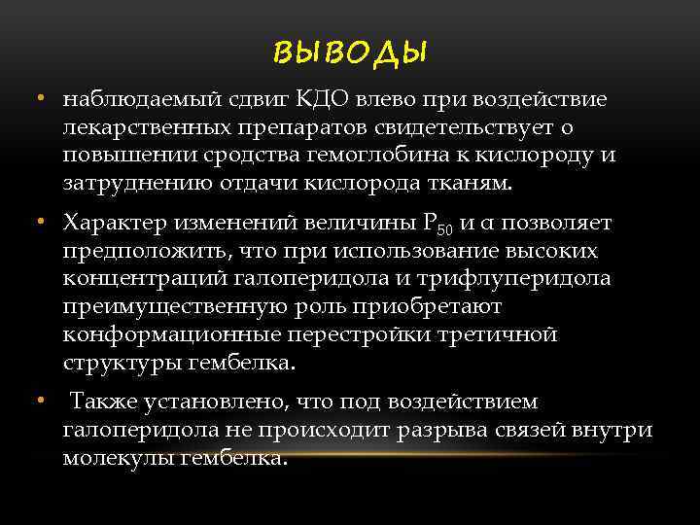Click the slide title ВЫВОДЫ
(x=350, y=52)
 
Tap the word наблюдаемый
(x=131, y=99)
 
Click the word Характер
(x=115, y=224)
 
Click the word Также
(x=104, y=402)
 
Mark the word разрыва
(x=456, y=430)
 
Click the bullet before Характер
(x=43, y=224)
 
